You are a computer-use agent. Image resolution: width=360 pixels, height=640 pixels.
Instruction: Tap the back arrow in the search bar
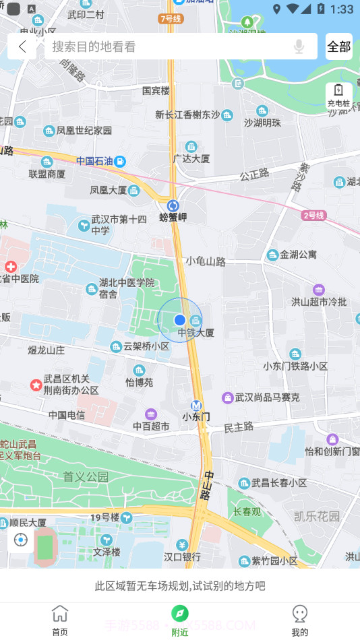(23, 46)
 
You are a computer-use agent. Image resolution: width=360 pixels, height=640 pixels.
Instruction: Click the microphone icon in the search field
(299, 46)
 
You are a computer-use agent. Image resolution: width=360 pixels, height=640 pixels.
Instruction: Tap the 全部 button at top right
(339, 46)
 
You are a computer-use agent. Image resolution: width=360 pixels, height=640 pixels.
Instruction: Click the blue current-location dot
(179, 319)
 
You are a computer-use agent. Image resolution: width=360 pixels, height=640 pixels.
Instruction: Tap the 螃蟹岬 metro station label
(173, 217)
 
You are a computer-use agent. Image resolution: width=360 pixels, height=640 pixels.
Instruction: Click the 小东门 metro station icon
(196, 406)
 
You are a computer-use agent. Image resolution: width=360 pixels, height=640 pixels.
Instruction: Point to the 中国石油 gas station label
(94, 161)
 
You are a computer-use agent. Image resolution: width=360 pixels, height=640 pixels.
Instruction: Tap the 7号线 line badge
(171, 19)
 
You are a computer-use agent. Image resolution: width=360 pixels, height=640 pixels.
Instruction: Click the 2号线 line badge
(314, 216)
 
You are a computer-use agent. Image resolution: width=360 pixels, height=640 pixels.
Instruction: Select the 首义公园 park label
(86, 477)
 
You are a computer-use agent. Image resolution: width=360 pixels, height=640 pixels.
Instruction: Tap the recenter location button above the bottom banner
(21, 540)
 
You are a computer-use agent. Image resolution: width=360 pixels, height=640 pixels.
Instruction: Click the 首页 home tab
(60, 620)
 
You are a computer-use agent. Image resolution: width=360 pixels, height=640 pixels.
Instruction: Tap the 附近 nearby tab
(179, 620)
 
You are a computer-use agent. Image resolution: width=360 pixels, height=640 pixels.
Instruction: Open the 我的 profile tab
(300, 620)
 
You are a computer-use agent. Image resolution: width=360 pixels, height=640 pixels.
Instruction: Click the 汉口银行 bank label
(182, 557)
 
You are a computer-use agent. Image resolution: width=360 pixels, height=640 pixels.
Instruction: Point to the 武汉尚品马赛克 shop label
(267, 397)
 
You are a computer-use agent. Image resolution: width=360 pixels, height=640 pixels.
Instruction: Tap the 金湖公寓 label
(298, 255)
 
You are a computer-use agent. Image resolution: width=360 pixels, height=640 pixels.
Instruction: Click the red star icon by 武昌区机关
(36, 385)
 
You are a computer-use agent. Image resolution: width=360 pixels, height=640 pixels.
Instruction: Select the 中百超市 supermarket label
(151, 426)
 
